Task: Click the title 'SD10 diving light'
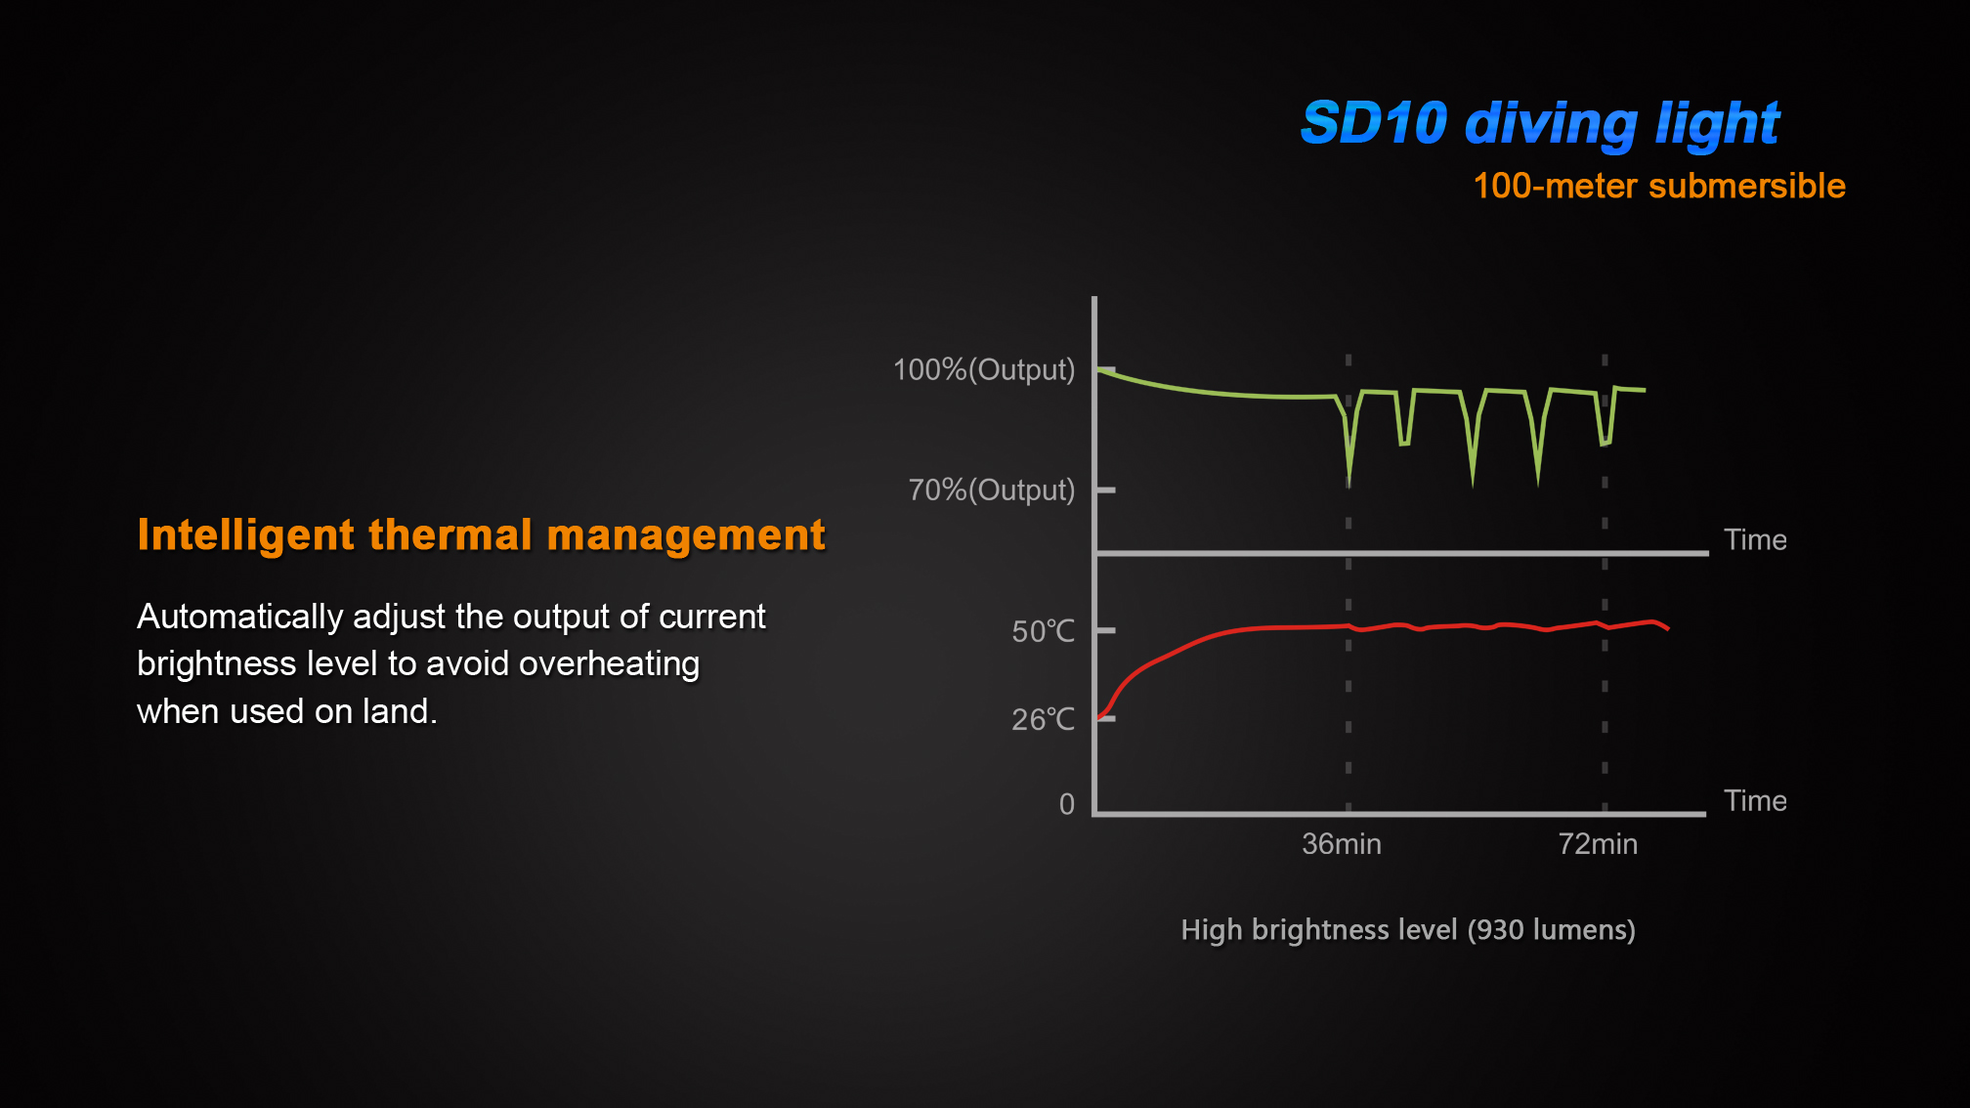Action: pos(1540,124)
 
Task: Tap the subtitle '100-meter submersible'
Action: pos(1658,186)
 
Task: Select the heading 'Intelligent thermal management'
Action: pos(481,535)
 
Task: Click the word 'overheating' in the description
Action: pos(609,664)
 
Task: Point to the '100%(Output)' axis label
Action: pos(983,370)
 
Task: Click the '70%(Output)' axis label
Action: pos(991,490)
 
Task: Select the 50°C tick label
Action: pos(1043,631)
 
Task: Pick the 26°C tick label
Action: pos(1043,720)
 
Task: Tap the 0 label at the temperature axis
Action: pos(1067,804)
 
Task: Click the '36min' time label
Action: pos(1341,844)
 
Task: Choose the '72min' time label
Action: pos(1598,844)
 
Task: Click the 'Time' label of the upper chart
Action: pos(1755,540)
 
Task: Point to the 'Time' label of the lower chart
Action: pos(1755,801)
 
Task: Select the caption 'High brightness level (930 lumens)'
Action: pos(1407,929)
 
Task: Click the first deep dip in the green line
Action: pos(1349,481)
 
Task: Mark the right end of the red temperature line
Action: pos(1667,627)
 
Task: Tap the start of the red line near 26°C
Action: pos(1101,717)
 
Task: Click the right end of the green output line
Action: pos(1644,390)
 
